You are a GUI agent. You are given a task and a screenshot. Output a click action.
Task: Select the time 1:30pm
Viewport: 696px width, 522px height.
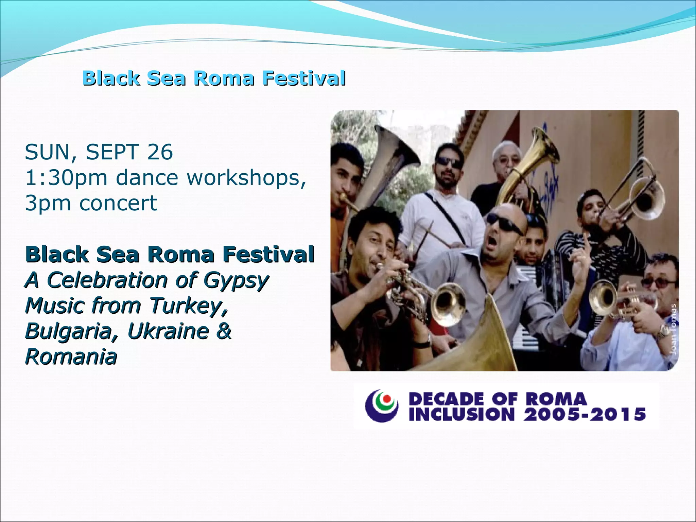click(66, 178)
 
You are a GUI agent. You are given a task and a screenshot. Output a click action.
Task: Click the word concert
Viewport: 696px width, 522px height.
click(118, 203)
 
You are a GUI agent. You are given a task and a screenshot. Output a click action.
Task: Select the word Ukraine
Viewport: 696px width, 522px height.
click(169, 331)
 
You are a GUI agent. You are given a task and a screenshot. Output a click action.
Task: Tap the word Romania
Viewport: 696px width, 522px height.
click(71, 357)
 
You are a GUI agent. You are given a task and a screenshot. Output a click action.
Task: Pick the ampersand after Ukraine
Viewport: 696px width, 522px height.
click(224, 331)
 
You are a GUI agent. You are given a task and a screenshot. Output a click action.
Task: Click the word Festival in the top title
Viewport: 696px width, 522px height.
click(304, 78)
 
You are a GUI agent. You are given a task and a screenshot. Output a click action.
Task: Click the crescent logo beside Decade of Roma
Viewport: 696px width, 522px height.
click(382, 405)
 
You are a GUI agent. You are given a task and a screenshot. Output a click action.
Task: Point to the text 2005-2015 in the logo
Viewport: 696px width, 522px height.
click(585, 414)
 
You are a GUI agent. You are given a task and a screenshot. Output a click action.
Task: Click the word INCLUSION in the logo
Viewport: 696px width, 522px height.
click(462, 414)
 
